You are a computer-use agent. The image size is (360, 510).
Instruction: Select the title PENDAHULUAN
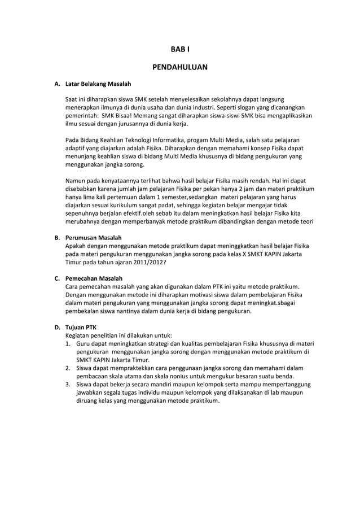pos(180,67)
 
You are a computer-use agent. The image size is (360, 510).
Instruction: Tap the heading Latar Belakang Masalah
pos(98,85)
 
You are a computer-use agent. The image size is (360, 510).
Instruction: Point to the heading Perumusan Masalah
pos(94,238)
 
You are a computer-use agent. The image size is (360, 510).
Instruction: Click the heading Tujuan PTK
pos(81,327)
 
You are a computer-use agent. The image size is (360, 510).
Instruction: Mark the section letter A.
pos(56,85)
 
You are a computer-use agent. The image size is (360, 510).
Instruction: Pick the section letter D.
pos(56,327)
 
